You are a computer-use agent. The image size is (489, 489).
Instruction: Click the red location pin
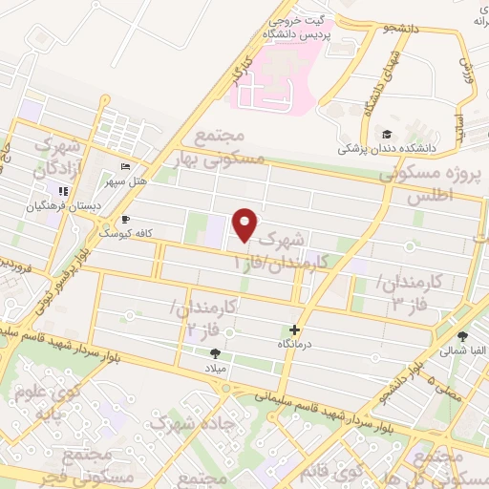245,224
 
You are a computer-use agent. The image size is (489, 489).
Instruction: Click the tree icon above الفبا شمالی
462,336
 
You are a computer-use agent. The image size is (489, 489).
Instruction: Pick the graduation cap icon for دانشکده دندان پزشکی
387,135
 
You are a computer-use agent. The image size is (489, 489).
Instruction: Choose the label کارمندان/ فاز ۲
200,316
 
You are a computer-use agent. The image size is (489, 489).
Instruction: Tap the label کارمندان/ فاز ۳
409,292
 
